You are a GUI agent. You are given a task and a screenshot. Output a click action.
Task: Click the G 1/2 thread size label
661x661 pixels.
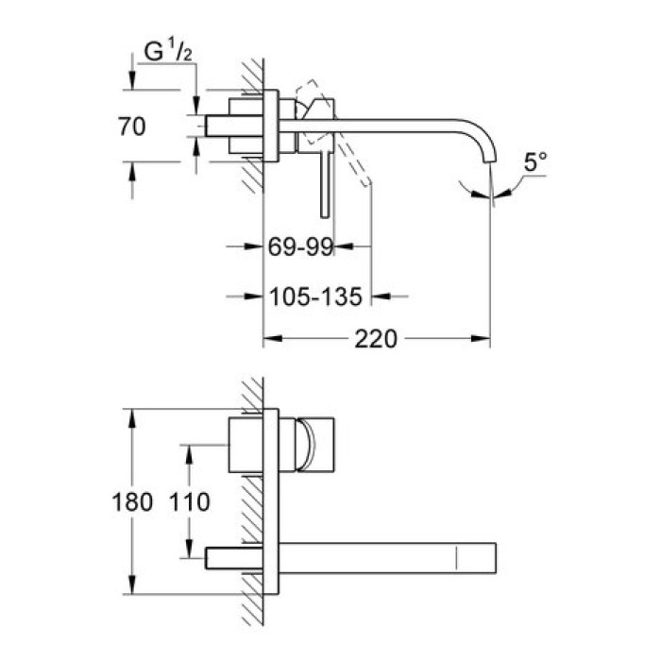(x=165, y=54)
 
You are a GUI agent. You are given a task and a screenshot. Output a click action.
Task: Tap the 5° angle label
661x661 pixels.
(x=535, y=162)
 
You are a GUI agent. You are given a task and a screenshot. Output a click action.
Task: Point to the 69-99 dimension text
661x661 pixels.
(x=301, y=247)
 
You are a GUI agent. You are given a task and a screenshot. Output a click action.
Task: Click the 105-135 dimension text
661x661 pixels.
(x=315, y=297)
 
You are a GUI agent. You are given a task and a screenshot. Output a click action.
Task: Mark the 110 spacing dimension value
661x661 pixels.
(x=191, y=501)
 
